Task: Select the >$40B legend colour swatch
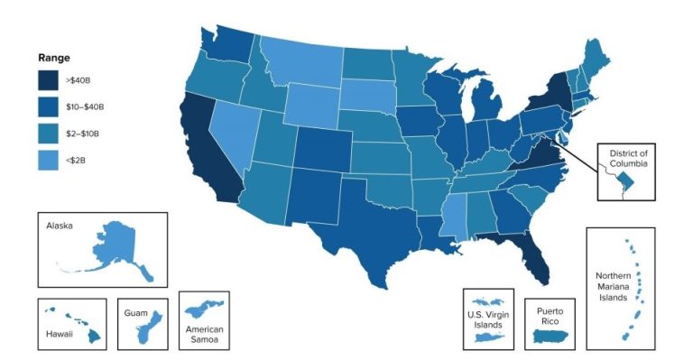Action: click(x=49, y=80)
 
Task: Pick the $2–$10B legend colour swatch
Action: click(x=49, y=133)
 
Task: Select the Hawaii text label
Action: click(x=60, y=333)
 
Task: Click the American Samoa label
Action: click(x=204, y=335)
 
